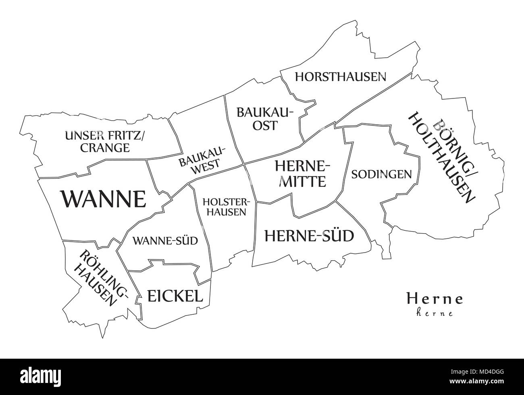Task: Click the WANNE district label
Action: click(103, 199)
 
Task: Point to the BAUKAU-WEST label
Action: click(203, 160)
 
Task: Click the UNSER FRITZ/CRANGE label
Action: click(104, 142)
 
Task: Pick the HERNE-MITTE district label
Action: click(302, 173)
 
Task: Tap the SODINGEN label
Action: click(381, 174)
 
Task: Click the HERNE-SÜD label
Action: click(309, 235)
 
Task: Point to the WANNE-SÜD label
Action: click(160, 241)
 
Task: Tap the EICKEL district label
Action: click(175, 296)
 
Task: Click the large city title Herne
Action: click(435, 299)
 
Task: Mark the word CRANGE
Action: click(105, 148)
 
